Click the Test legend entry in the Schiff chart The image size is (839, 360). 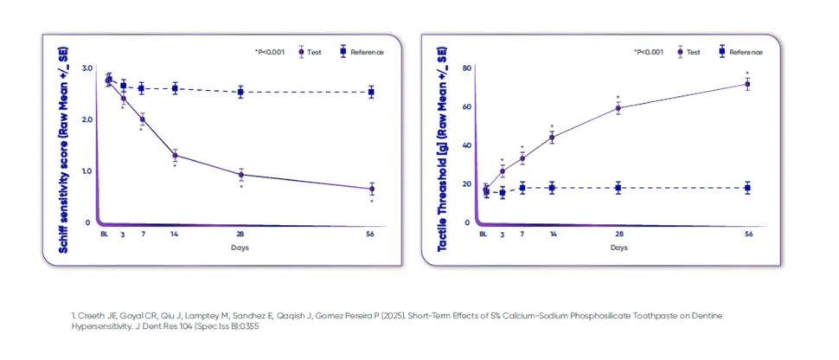click(308, 52)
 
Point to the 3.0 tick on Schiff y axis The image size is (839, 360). click(86, 67)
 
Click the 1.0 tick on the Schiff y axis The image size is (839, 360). click(86, 170)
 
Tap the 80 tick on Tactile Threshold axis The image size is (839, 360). click(466, 67)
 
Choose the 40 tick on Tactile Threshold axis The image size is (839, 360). click(466, 145)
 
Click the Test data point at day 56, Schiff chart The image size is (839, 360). click(372, 189)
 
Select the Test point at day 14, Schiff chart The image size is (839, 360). click(176, 156)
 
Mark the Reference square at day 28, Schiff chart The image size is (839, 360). click(240, 92)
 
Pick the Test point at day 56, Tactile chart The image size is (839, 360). click(747, 84)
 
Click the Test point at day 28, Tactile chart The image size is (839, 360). click(618, 108)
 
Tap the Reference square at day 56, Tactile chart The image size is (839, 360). click(747, 188)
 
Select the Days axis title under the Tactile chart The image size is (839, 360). click(619, 248)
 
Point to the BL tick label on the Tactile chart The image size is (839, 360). click(484, 234)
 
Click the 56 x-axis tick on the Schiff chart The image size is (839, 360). click(372, 234)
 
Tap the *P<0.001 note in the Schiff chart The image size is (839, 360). click(271, 52)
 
